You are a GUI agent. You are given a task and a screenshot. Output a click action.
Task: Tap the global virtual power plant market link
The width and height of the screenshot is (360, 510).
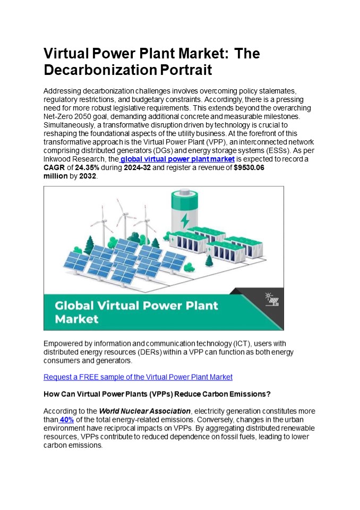[177, 159]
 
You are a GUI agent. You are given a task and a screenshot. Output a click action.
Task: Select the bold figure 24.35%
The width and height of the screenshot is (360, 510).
[87, 168]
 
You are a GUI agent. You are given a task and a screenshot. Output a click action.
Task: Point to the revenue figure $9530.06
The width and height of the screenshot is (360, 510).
[249, 168]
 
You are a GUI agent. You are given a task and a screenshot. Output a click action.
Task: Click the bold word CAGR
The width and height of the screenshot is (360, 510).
[54, 168]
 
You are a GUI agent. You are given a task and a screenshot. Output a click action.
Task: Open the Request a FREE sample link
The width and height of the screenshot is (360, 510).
[138, 377]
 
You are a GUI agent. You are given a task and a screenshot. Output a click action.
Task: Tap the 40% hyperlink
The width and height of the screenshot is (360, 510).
[67, 420]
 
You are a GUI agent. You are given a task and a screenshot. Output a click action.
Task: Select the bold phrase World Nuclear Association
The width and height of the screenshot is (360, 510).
[144, 411]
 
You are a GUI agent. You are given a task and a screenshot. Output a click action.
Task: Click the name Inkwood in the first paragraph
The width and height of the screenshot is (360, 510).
[57, 159]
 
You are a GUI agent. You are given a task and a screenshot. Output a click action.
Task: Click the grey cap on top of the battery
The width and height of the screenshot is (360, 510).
[184, 195]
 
